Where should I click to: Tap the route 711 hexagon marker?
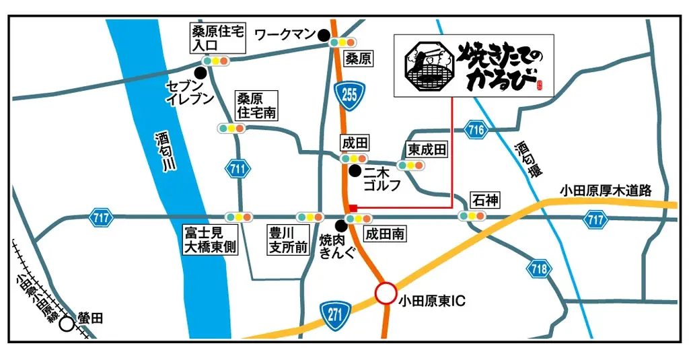point(236,170)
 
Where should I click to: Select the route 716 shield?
point(476,130)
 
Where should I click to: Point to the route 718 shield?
point(538,268)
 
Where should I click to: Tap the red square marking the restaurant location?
point(353,208)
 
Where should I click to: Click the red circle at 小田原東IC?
point(386,293)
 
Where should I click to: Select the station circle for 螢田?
point(67,324)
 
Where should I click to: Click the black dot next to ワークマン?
point(324,34)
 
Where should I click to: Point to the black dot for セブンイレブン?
point(200,72)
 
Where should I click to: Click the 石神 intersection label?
point(484,200)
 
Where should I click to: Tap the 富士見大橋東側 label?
point(209,240)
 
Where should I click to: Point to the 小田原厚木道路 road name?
point(606,191)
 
